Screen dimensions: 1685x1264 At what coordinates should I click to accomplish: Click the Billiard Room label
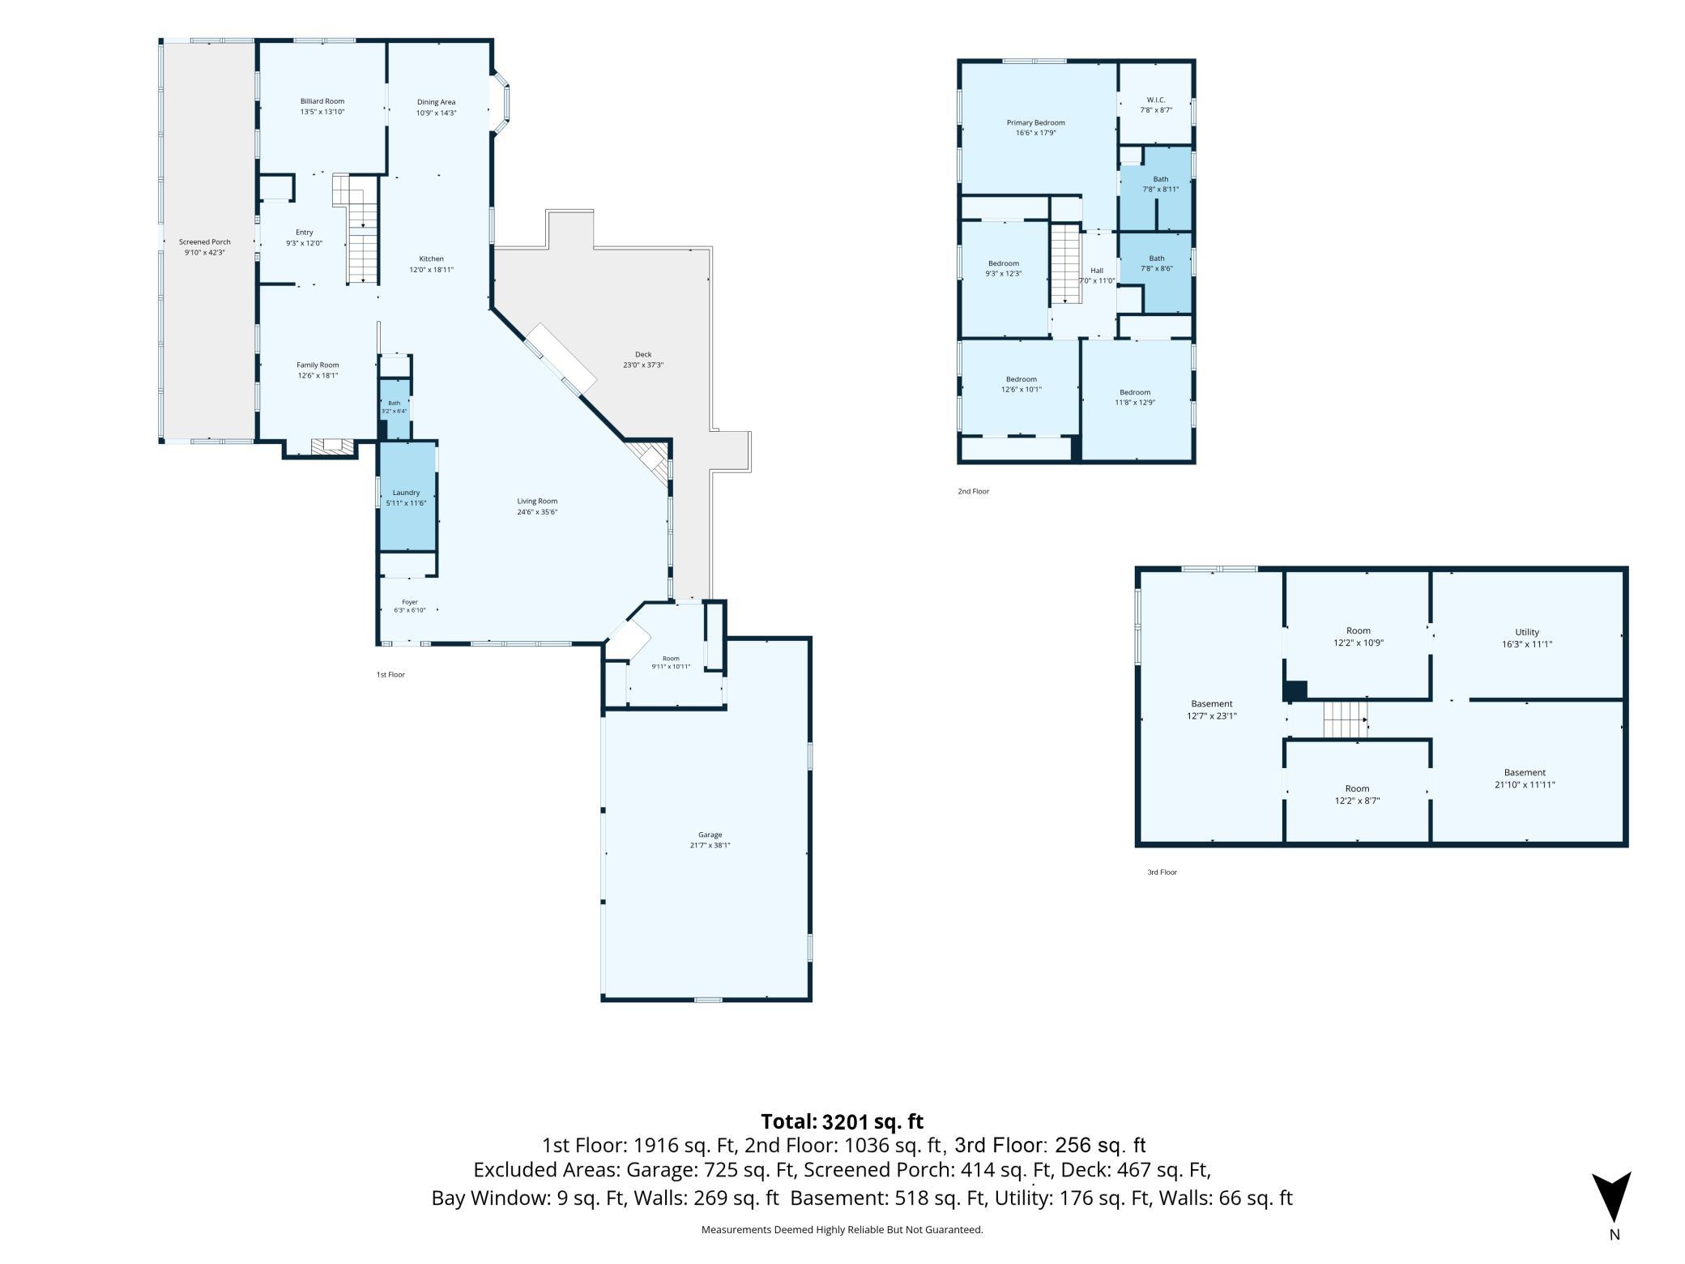322,101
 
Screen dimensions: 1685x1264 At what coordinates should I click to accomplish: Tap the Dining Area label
436,102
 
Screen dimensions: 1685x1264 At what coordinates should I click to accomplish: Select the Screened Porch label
205,241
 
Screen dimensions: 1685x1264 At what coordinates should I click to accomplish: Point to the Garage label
710,835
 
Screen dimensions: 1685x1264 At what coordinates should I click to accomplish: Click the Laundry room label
406,493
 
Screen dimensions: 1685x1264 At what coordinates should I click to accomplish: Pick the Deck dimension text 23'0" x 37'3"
643,365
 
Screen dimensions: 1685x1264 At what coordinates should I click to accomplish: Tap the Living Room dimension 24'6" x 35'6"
538,511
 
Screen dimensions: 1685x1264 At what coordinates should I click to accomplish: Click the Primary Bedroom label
1035,122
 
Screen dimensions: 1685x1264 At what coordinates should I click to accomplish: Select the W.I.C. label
1156,100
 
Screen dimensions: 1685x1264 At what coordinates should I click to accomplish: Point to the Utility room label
1527,632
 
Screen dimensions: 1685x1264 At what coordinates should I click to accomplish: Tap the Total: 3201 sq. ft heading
842,1121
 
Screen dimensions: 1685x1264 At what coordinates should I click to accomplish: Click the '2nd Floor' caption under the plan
973,491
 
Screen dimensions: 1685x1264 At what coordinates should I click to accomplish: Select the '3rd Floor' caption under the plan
1162,872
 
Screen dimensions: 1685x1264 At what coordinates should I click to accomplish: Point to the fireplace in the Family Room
333,446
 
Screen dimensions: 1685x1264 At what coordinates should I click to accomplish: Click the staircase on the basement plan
1345,720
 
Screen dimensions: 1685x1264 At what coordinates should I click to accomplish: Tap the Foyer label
410,602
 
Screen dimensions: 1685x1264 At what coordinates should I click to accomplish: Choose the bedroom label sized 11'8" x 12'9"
1135,392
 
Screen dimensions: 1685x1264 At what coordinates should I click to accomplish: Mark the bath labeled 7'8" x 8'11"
1161,179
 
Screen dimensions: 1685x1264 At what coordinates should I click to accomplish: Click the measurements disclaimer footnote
842,1229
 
